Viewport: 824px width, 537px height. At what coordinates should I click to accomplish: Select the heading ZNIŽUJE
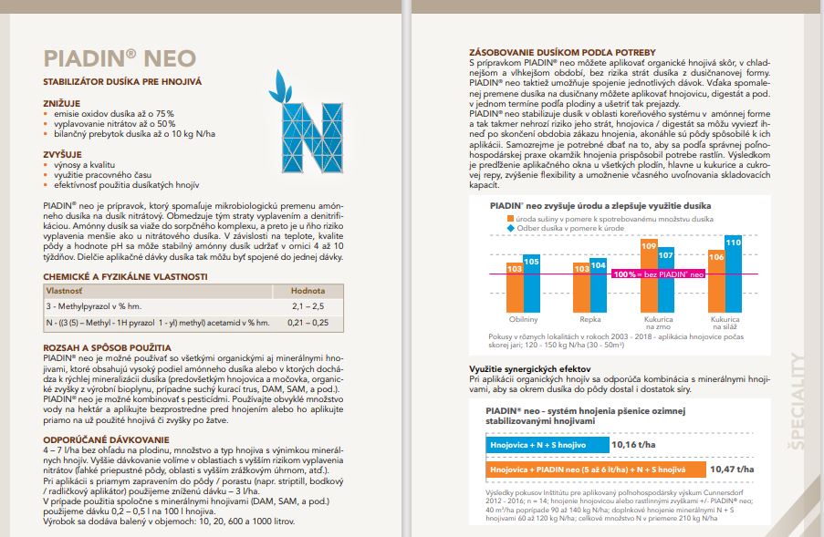(62, 104)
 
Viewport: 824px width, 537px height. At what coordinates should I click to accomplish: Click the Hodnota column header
(296, 290)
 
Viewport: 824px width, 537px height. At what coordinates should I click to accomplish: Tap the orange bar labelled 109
(650, 274)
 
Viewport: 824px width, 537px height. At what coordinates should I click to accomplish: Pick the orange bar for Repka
(581, 287)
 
